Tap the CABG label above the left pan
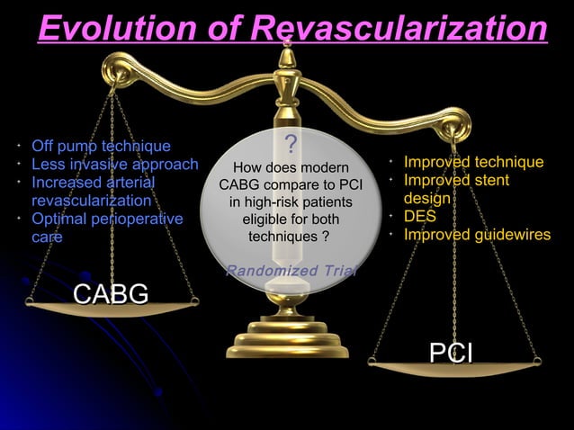111,294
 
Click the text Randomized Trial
291,272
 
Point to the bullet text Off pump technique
101,146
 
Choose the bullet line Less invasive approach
114,164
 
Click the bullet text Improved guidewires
477,235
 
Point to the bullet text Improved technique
473,162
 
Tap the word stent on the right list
489,180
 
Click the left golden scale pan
111,309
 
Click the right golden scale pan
454,368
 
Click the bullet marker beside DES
391,217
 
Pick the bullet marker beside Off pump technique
18,146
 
